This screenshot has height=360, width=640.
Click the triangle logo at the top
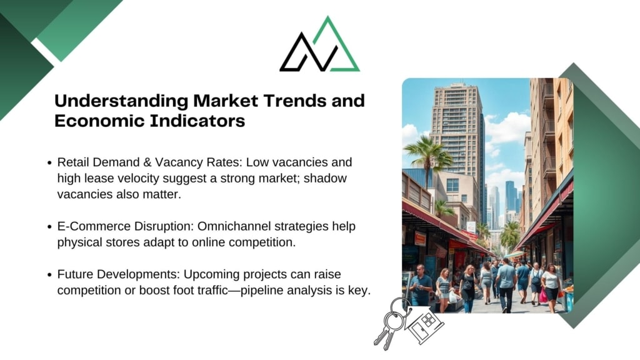pos(319,45)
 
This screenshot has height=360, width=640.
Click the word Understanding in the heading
pos(121,101)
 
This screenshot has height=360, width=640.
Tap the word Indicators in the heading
pos(197,121)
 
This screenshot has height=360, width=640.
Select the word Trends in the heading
pos(295,101)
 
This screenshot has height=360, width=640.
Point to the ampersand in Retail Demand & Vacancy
pos(147,162)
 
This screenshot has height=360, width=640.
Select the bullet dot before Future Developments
pos(49,275)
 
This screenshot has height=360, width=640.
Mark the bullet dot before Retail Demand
pos(49,163)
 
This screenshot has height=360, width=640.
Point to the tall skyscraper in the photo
pos(456,135)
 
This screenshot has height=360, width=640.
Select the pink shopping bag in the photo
pos(543,296)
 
